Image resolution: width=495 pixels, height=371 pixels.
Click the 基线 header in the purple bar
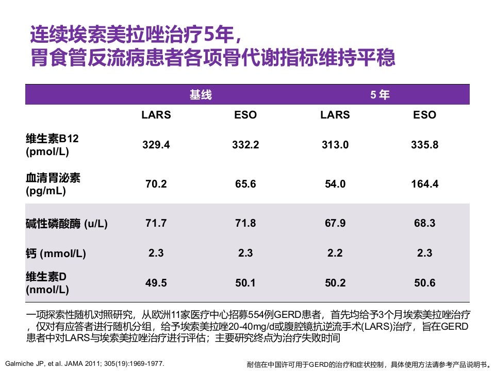click(201, 95)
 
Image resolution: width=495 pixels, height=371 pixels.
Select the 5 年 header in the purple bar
click(379, 95)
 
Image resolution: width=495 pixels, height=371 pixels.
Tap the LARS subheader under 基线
click(156, 115)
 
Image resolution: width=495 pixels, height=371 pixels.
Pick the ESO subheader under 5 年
click(424, 115)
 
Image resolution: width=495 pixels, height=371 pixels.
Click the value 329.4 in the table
click(156, 145)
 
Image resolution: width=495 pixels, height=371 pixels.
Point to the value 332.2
click(245, 145)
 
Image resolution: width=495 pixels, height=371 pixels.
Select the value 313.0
click(335, 145)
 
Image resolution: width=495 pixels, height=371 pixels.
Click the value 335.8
click(424, 145)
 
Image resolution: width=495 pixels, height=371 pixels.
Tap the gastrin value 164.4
click(424, 184)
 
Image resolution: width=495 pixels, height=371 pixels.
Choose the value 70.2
click(156, 184)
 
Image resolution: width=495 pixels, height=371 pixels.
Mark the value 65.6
click(245, 184)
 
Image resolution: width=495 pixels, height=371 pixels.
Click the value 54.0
click(335, 184)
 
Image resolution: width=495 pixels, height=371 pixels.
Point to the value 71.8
click(245, 224)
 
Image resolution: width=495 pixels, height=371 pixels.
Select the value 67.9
click(335, 224)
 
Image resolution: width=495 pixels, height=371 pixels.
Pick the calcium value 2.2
click(335, 254)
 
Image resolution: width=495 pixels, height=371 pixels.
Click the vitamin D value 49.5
click(156, 283)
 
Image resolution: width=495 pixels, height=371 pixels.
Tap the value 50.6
click(424, 283)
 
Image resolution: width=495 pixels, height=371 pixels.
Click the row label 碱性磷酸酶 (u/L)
click(67, 224)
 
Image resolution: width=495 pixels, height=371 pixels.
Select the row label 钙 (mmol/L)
click(56, 254)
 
